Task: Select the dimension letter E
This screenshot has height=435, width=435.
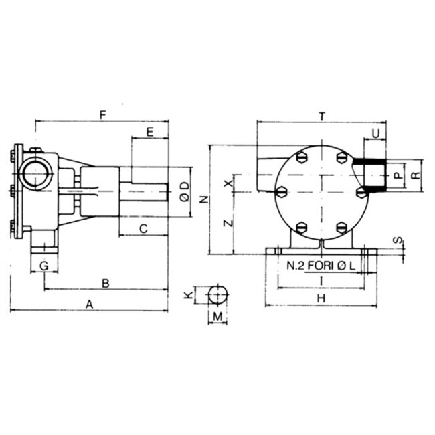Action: (150, 132)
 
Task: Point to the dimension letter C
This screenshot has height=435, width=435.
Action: (143, 228)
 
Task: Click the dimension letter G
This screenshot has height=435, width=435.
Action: (44, 266)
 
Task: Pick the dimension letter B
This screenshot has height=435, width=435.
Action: (105, 283)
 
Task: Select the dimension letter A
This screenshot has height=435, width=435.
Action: (89, 304)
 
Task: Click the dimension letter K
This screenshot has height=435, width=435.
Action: (189, 294)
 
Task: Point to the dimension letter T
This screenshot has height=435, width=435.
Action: (322, 116)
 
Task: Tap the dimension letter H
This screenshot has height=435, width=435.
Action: (322, 298)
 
